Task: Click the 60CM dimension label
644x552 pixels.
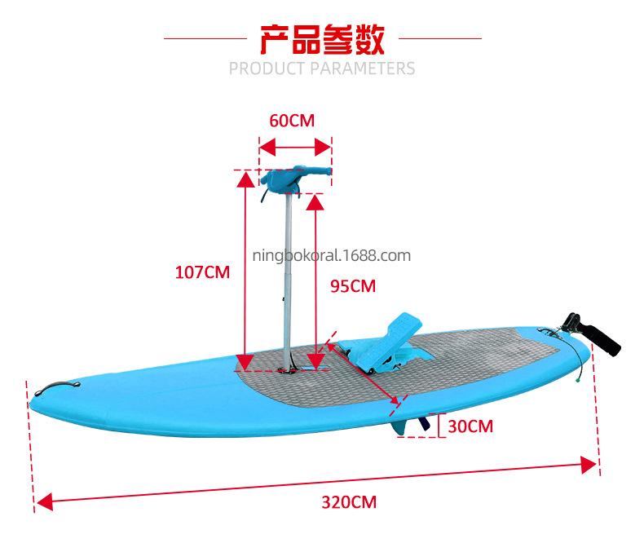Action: [291, 121]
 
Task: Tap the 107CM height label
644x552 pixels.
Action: [203, 272]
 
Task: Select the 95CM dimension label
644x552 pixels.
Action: [352, 285]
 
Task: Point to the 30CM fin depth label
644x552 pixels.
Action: [471, 426]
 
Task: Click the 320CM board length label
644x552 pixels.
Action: [350, 501]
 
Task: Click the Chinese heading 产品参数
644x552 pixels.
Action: [321, 38]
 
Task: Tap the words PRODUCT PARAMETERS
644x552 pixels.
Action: [321, 67]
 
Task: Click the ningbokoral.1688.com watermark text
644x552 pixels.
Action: [332, 255]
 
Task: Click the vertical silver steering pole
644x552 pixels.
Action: [287, 277]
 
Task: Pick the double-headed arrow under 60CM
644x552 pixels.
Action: [295, 148]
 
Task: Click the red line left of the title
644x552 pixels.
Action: [203, 38]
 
